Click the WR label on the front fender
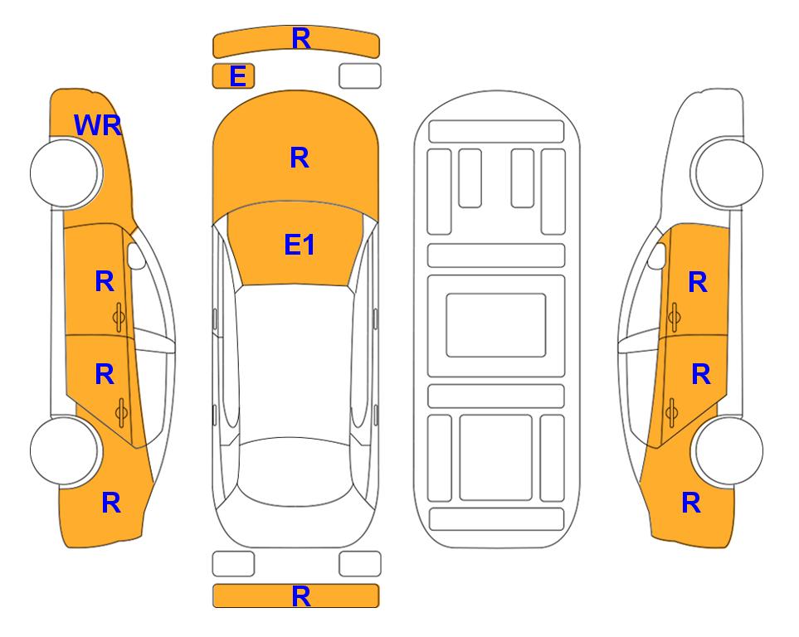point(98,125)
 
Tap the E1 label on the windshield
point(300,245)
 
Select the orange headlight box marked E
point(233,76)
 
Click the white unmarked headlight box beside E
point(360,76)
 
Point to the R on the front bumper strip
point(301,38)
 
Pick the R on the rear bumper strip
point(301,596)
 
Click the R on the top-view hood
point(300,158)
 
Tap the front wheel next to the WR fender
point(66,173)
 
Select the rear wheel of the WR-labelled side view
point(65,450)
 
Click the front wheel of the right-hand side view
point(728,173)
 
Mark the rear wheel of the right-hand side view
point(728,450)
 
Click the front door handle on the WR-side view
point(119,318)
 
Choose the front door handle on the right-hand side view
point(674,318)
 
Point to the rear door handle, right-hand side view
point(671,413)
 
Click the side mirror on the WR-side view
point(135,255)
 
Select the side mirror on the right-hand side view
point(657,255)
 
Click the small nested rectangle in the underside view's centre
point(496,325)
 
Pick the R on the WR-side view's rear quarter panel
point(111,503)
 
